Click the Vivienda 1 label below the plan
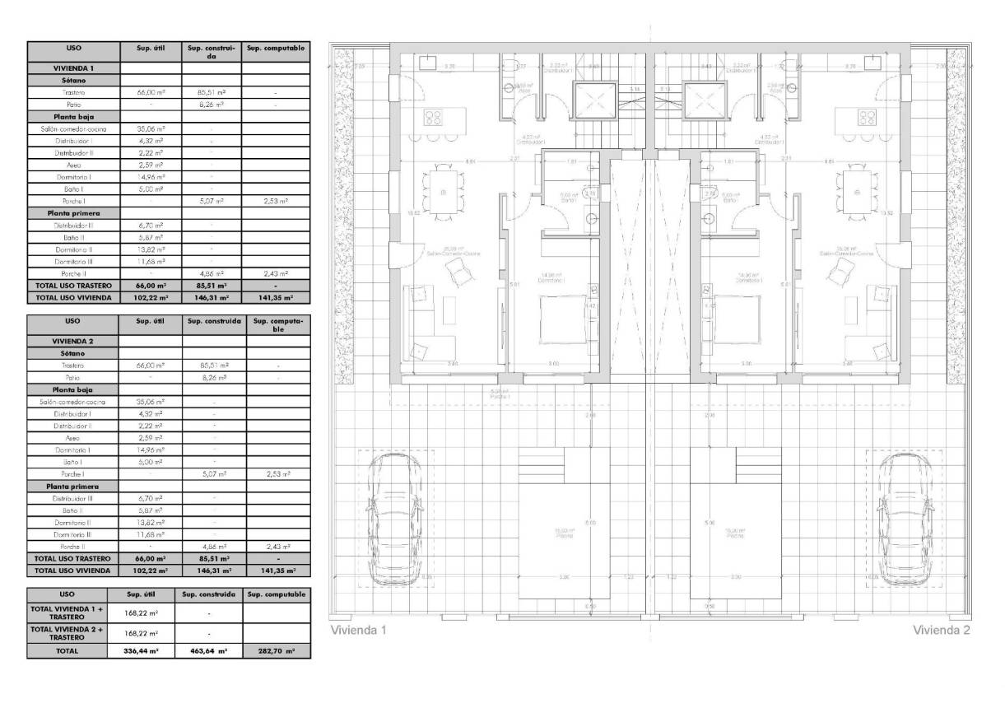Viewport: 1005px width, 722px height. coord(357,631)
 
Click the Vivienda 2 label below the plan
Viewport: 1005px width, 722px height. coord(942,631)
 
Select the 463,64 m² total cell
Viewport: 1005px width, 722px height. coord(209,650)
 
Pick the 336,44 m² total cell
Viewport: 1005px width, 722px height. coord(142,650)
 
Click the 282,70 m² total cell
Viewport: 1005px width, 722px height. coord(277,650)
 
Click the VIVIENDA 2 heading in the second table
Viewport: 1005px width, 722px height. coord(73,339)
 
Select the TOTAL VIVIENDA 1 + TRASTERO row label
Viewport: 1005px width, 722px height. coord(67,612)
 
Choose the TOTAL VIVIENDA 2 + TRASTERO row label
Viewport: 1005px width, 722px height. coord(67,632)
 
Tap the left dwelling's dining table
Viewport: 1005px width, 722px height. coord(443,193)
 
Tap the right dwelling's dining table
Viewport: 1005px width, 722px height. coord(857,193)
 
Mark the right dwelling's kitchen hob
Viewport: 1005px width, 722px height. coord(867,117)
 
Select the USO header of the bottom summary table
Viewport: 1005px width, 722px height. coord(67,594)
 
